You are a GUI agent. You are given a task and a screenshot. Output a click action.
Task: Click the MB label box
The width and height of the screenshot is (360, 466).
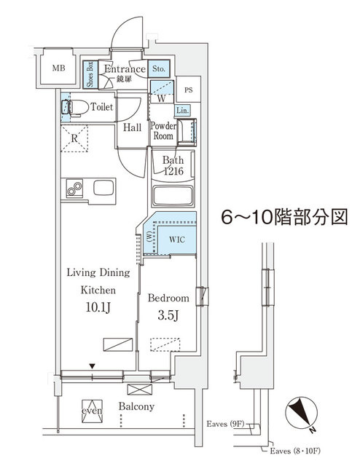58,69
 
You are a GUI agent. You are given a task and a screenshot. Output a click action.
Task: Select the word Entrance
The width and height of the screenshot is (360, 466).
125,69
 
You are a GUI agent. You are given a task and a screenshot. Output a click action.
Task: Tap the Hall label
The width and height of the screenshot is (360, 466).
132,127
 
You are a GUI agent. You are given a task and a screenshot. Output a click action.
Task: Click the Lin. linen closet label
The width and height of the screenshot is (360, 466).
183,111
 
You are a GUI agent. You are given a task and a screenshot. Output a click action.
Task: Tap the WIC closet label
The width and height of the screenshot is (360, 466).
176,238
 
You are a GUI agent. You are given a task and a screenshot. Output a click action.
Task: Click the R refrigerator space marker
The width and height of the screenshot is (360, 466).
74,137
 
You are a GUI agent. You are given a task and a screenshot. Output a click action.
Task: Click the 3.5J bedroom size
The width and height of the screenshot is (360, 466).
168,316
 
